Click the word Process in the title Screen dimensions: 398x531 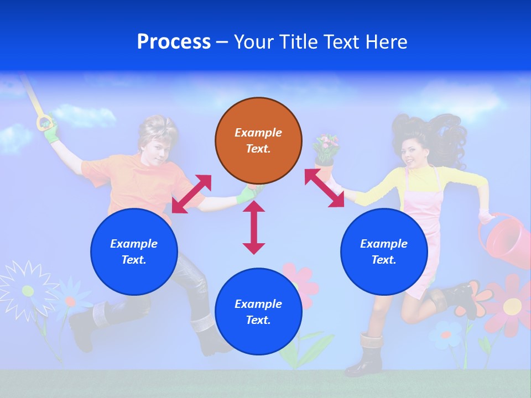(x=174, y=42)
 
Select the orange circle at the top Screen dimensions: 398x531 (x=258, y=141)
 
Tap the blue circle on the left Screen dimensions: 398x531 (x=134, y=252)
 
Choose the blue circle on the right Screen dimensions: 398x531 (x=384, y=252)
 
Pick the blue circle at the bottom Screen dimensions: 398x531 (x=258, y=312)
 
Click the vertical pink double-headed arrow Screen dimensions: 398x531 (x=254, y=228)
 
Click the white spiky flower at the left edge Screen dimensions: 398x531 (x=26, y=289)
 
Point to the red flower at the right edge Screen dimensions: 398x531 (x=512, y=303)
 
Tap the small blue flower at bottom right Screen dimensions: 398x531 (x=446, y=334)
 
